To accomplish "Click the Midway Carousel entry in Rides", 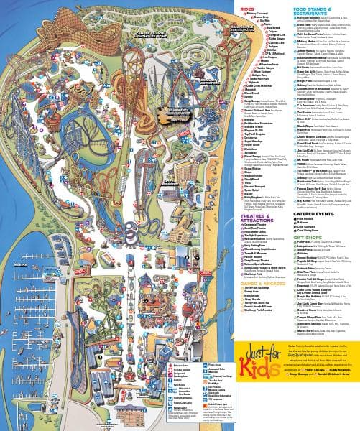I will [x=257, y=13].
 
